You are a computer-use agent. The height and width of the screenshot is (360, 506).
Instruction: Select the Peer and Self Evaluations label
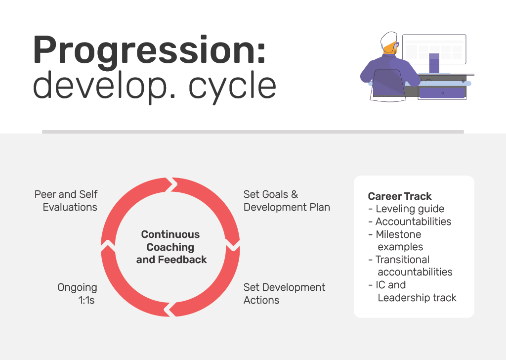click(x=66, y=200)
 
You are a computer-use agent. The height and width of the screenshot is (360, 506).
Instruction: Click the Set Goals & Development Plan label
click(x=287, y=200)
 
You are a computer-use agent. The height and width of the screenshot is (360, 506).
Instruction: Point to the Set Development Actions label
click(x=284, y=293)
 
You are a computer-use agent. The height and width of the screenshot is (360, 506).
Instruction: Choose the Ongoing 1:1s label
click(x=77, y=293)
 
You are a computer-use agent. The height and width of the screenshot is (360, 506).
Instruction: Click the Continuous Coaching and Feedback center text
click(x=171, y=247)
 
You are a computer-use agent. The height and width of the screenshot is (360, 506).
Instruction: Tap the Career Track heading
click(x=400, y=196)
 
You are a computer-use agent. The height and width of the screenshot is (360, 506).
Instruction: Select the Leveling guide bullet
click(x=406, y=209)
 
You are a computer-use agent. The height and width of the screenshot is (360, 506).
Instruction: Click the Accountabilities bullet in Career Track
click(x=410, y=222)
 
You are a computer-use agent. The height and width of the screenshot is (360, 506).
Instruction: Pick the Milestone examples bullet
click(x=396, y=240)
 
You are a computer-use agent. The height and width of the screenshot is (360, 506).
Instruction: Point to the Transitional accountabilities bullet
click(x=410, y=266)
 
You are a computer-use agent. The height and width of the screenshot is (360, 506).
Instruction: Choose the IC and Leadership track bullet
click(x=413, y=291)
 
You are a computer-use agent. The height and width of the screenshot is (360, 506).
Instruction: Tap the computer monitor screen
click(x=434, y=49)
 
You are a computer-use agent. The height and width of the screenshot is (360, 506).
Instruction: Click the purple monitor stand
click(x=434, y=63)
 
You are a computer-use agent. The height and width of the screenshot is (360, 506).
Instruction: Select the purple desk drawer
click(x=442, y=93)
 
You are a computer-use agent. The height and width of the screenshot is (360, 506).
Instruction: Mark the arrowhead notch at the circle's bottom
click(x=170, y=310)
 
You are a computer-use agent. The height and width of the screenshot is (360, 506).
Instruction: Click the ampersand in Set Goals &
click(x=295, y=194)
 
